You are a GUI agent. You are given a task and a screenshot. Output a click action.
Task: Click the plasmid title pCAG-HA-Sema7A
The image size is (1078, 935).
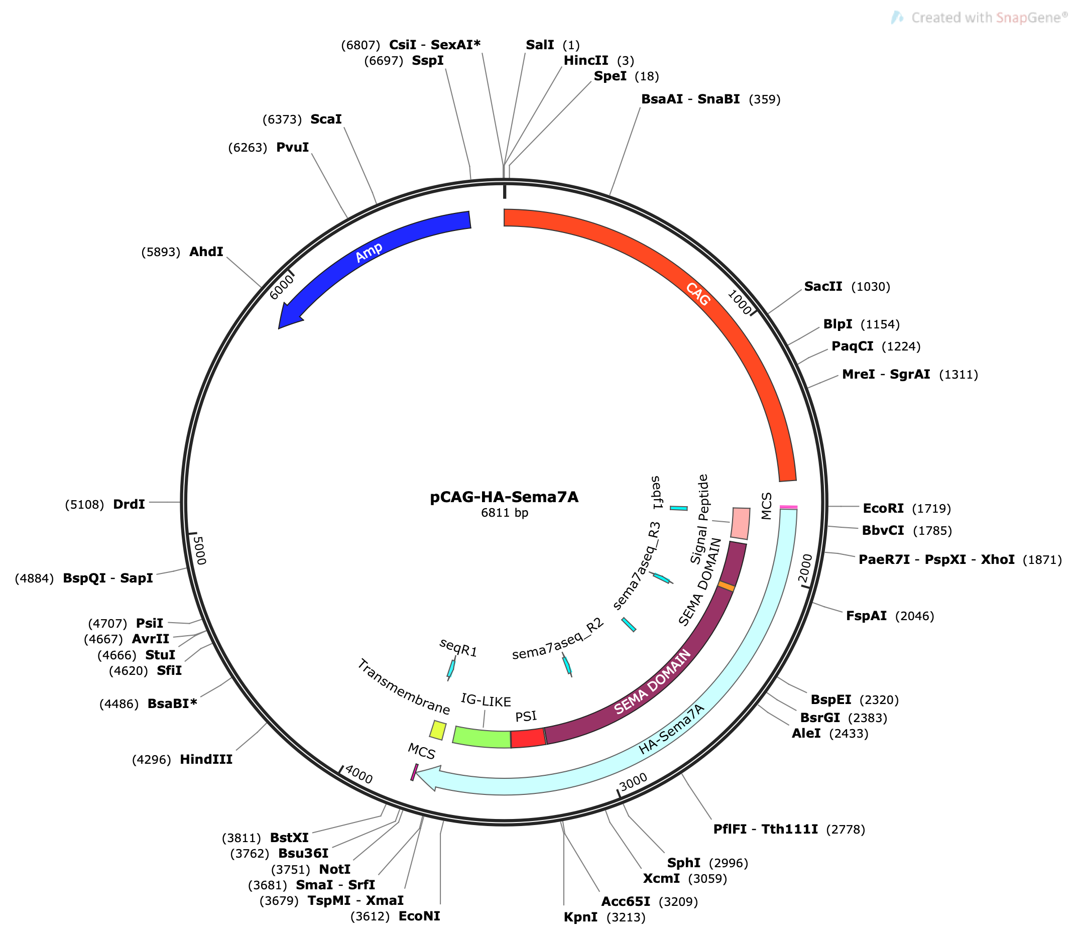(x=504, y=497)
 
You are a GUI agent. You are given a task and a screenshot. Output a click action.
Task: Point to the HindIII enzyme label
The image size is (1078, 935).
(x=206, y=759)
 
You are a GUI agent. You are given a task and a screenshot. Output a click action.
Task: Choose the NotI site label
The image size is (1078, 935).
(x=334, y=869)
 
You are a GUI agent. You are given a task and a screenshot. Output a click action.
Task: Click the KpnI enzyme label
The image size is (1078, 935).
(x=580, y=917)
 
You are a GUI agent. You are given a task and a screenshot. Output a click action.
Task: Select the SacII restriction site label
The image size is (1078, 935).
(x=823, y=286)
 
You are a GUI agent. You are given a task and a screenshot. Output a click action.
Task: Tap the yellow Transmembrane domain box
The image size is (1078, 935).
(x=438, y=730)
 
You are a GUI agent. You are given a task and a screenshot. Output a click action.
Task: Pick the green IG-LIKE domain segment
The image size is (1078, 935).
(x=482, y=737)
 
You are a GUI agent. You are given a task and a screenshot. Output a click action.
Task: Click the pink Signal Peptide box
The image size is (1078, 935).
(x=741, y=524)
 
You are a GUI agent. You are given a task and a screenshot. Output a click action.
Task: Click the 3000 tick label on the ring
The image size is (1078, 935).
(x=634, y=781)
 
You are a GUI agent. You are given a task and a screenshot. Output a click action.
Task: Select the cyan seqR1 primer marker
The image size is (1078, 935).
(x=451, y=668)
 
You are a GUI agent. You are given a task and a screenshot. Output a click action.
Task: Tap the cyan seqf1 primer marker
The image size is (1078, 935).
(x=678, y=508)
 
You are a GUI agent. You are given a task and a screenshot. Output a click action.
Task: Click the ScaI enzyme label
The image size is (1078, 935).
(x=326, y=120)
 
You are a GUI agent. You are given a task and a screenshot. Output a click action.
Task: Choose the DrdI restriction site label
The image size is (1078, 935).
(x=129, y=505)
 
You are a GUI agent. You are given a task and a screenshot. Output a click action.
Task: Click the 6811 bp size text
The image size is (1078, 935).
(x=505, y=513)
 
